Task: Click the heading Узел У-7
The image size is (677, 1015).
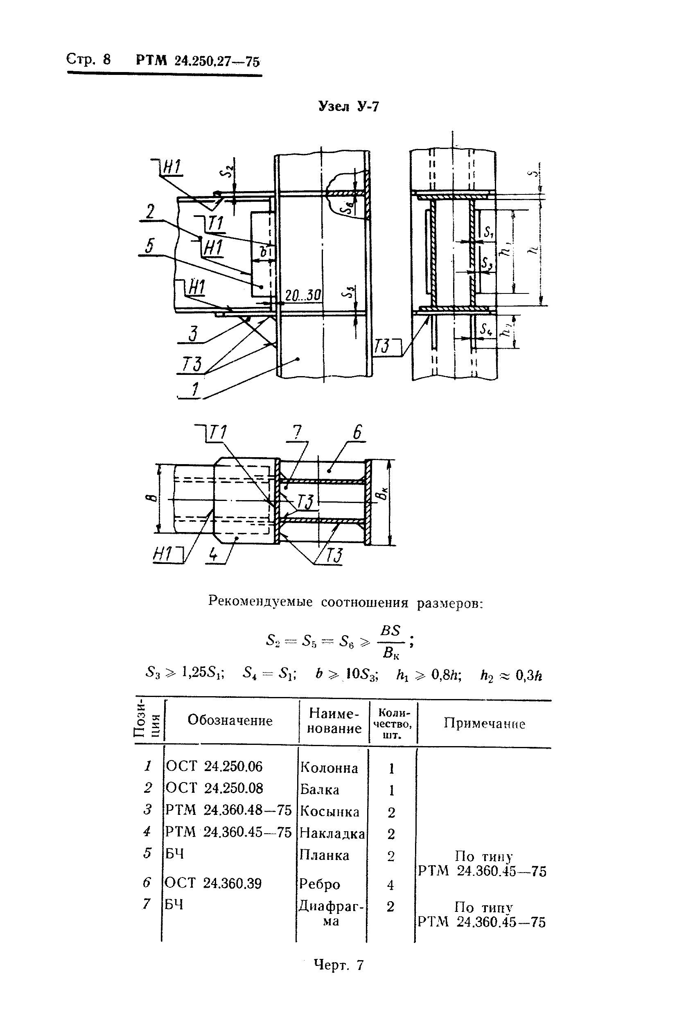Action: point(348,106)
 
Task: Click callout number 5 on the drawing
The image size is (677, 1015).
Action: point(149,246)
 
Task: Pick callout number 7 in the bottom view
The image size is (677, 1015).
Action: point(297,432)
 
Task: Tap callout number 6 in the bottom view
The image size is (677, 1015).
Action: point(357,432)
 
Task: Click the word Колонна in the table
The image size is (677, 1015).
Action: point(329,768)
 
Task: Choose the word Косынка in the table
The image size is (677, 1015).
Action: point(329,812)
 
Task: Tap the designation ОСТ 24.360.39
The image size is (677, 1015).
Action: point(213,884)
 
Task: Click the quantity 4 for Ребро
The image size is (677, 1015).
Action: point(390,885)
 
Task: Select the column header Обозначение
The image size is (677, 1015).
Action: point(230,720)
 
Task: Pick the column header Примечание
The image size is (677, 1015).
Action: point(484,724)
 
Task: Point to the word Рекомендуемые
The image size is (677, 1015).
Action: point(260,601)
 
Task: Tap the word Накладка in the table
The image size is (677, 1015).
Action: point(332,834)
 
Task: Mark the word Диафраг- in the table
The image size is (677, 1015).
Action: point(331,906)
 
